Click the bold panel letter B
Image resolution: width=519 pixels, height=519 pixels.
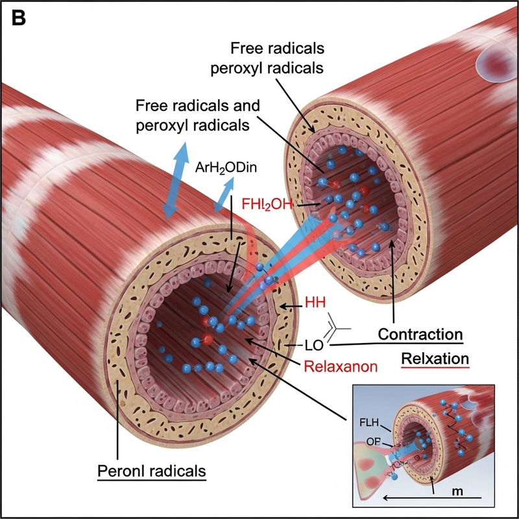pos(19,19)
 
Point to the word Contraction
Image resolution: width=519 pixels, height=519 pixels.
pos(419,335)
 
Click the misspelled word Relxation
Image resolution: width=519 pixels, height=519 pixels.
pos(435,358)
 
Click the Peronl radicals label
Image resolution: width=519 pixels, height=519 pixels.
pos(151,468)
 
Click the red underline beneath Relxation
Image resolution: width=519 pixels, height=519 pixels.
pos(435,368)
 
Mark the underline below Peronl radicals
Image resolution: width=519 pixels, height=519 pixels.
pos(151,479)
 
